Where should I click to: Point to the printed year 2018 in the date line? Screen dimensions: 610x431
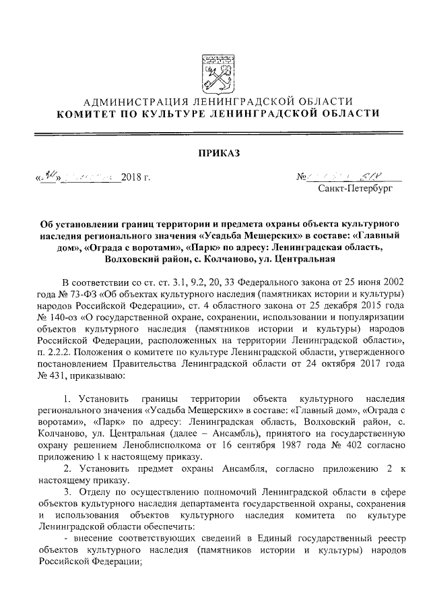coord(132,179)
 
